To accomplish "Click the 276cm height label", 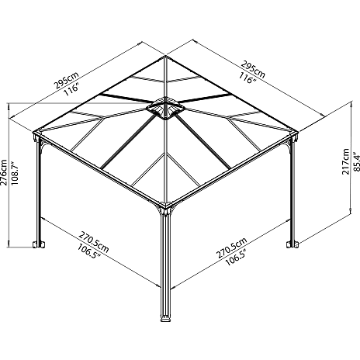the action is (x=4, y=172).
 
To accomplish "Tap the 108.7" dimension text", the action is (x=15, y=173).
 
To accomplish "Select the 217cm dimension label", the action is (x=345, y=161).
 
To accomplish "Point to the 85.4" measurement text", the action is (x=356, y=162).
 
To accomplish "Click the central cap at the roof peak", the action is (x=165, y=108).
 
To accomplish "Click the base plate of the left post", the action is (x=39, y=244).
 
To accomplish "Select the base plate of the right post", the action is (x=292, y=244).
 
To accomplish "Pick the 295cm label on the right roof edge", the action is (x=253, y=69).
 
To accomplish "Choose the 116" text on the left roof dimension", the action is (x=71, y=90).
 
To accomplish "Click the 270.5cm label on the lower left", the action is (x=94, y=242).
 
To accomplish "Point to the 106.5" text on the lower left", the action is (x=88, y=251).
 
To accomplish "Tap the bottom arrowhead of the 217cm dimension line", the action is (x=351, y=212).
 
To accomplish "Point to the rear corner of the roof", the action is (x=165, y=56).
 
